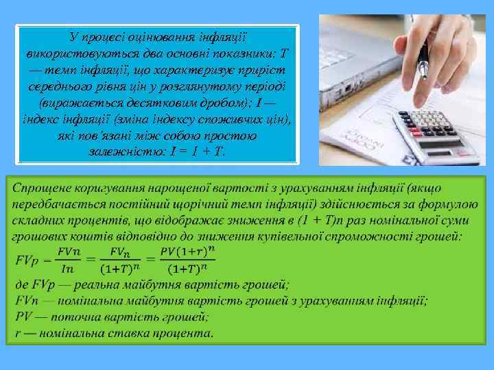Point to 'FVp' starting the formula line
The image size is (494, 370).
click(27, 260)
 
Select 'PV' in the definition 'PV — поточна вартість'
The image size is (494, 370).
click(24, 317)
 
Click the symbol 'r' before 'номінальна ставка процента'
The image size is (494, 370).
click(18, 333)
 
